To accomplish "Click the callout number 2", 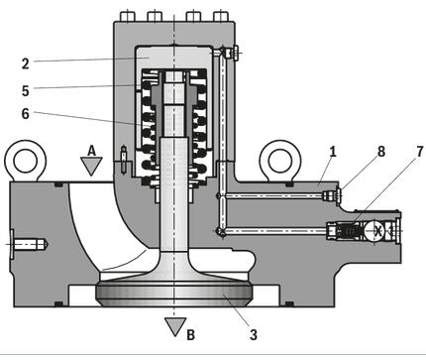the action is [x=26, y=63].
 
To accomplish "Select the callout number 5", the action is [x=26, y=90].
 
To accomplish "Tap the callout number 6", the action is [x=26, y=113].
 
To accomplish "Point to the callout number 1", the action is [x=333, y=152].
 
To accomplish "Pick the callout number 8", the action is [x=381, y=152].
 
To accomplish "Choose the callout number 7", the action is [x=419, y=152].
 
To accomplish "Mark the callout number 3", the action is [x=253, y=334].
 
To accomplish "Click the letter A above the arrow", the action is [x=91, y=151].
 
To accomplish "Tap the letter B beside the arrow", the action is [x=190, y=334].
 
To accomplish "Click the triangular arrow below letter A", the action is [x=91, y=166].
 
